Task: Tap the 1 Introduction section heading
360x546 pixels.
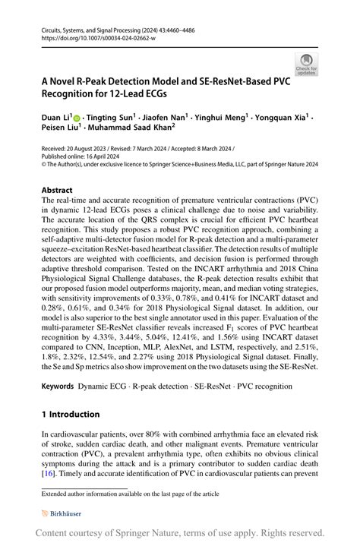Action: (x=70, y=414)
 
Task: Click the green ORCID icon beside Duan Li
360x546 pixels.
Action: (x=76, y=118)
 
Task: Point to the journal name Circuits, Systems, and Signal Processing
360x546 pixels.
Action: (x=95, y=27)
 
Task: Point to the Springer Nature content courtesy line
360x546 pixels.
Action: (x=180, y=533)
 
